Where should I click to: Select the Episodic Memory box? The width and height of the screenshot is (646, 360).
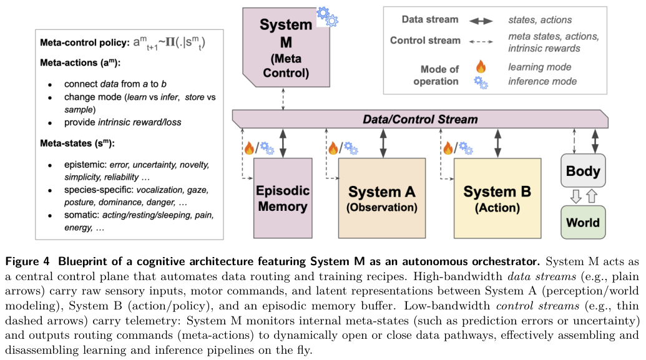(x=283, y=198)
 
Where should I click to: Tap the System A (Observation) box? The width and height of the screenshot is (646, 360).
(x=382, y=198)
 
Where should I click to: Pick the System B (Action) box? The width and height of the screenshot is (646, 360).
(x=497, y=198)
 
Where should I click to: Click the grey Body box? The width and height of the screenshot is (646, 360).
(x=582, y=170)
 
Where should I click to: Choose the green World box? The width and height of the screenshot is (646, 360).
(x=582, y=222)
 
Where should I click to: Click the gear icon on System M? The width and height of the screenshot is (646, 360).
(x=327, y=16)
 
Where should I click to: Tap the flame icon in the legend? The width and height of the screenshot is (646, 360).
(x=480, y=66)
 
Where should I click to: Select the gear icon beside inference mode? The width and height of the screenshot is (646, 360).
(x=481, y=82)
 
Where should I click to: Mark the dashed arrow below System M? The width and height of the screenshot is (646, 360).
(x=285, y=99)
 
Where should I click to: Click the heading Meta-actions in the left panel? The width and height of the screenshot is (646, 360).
(x=71, y=64)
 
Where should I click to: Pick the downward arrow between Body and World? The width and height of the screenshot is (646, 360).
(x=575, y=196)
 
